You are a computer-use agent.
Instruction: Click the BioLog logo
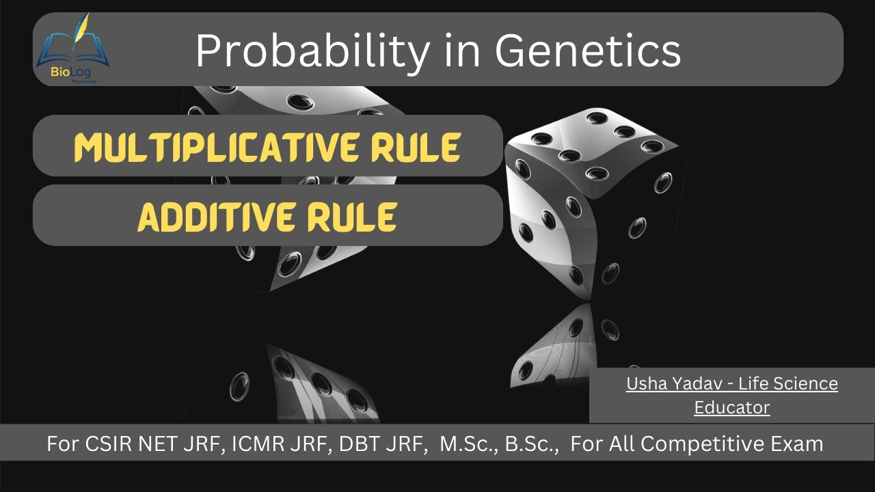coord(72,49)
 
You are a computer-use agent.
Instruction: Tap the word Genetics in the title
coord(588,51)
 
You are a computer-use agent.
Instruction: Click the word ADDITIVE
coord(209,217)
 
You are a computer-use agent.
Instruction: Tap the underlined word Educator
coord(731,408)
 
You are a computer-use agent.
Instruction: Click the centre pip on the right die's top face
coord(569,155)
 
